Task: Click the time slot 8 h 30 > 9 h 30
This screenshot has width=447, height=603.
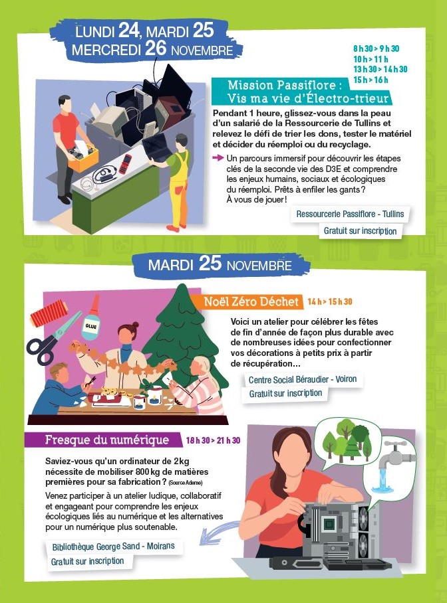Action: [376, 48]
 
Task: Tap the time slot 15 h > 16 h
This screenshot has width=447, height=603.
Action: [371, 80]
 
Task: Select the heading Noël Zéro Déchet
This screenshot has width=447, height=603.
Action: [251, 301]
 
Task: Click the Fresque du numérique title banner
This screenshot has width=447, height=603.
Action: [103, 440]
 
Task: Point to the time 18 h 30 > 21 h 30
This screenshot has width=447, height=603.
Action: [213, 440]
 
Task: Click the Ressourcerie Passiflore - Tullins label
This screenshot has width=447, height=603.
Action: [350, 215]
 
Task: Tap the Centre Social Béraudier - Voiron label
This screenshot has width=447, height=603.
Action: [303, 380]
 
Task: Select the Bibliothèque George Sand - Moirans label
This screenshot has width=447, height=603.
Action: [113, 547]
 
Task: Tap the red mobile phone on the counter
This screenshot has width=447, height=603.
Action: [125, 163]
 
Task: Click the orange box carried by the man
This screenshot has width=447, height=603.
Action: [83, 156]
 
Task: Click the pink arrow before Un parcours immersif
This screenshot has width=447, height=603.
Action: [218, 157]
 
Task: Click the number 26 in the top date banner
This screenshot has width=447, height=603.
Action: [156, 49]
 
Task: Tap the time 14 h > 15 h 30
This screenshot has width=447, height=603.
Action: [330, 302]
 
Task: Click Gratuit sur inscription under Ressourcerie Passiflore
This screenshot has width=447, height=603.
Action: [360, 231]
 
